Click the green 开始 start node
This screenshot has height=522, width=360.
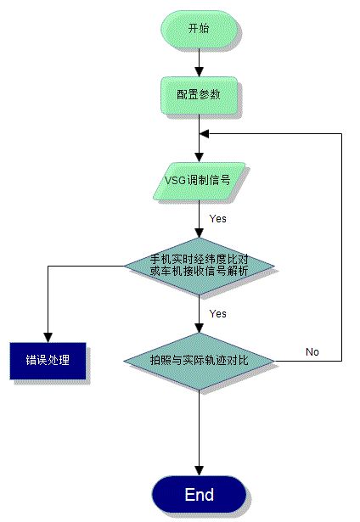tap(199, 28)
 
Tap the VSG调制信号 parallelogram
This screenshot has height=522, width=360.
tap(199, 181)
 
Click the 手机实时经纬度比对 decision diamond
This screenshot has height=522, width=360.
tap(199, 264)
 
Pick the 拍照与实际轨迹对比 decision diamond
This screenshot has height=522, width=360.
tap(199, 361)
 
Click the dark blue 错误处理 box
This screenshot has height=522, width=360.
tap(48, 360)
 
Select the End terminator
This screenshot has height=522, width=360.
tap(199, 495)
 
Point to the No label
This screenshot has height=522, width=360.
tap(312, 351)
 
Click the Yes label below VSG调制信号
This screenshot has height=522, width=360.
tap(218, 219)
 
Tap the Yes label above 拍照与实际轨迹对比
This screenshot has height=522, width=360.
tap(218, 313)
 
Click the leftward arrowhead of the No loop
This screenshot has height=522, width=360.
tap(205, 134)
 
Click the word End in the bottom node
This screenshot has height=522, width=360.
tap(199, 495)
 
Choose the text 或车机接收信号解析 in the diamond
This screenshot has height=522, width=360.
tap(199, 271)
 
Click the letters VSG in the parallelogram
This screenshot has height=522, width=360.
tap(176, 181)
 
